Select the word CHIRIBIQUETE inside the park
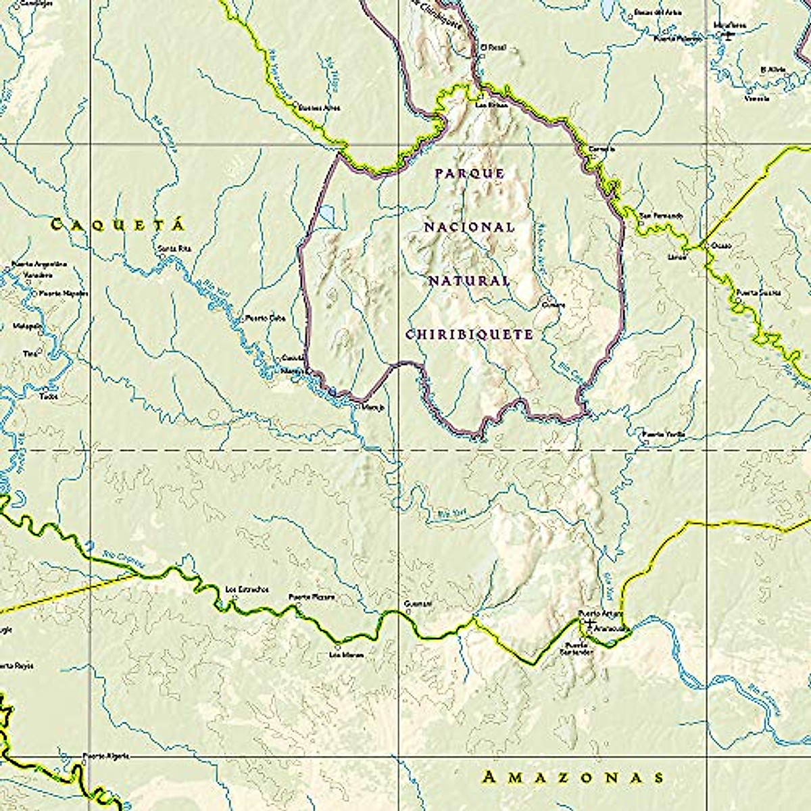pyautogui.click(x=470, y=335)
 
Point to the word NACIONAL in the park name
pyautogui.click(x=470, y=227)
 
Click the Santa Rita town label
pyautogui.click(x=175, y=249)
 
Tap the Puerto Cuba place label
pyautogui.click(x=266, y=317)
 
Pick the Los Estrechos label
pyautogui.click(x=247, y=589)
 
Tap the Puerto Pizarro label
pyautogui.click(x=312, y=597)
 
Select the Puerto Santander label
pyautogui.click(x=579, y=649)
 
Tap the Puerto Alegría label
pyautogui.click(x=105, y=756)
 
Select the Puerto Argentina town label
pyautogui.click(x=41, y=264)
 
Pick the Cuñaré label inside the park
pyautogui.click(x=553, y=305)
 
